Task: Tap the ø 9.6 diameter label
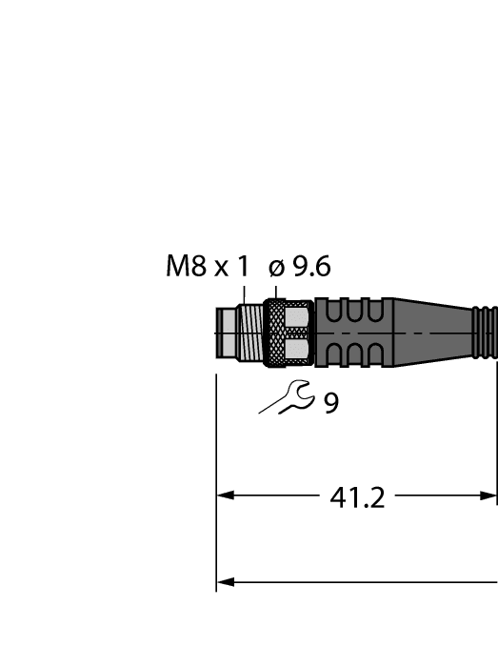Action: tap(300, 267)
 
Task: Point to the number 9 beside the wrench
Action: tap(330, 404)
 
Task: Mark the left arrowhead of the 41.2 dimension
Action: tap(226, 495)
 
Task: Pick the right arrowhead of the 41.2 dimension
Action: tap(488, 495)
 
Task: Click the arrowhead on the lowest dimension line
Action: tap(226, 581)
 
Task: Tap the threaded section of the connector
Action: tap(249, 333)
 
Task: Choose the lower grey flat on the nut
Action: tap(298, 350)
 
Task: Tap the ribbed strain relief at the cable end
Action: tap(485, 333)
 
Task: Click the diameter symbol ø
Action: tap(276, 268)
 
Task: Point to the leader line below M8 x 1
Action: tap(244, 293)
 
